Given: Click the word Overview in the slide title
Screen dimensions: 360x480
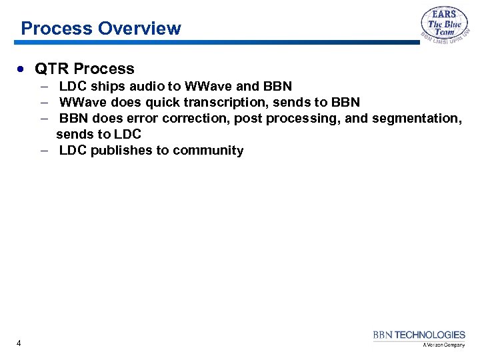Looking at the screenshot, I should [x=139, y=29].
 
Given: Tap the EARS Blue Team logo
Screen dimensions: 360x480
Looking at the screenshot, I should [x=444, y=27].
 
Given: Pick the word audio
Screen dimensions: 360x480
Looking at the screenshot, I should [x=145, y=86].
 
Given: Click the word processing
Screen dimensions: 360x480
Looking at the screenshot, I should [x=301, y=119].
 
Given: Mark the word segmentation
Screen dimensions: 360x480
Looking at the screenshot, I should [x=417, y=119].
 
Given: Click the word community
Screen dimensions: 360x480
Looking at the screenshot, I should [x=208, y=150].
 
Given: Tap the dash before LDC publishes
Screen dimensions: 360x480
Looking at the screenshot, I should [x=43, y=150].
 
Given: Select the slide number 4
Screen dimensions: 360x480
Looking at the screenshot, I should [x=19, y=343].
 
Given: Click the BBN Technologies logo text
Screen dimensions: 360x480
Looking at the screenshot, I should [x=419, y=335].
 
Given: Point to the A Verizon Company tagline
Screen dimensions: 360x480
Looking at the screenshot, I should [x=443, y=345].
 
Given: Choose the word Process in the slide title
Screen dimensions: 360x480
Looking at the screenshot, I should [x=57, y=29].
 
